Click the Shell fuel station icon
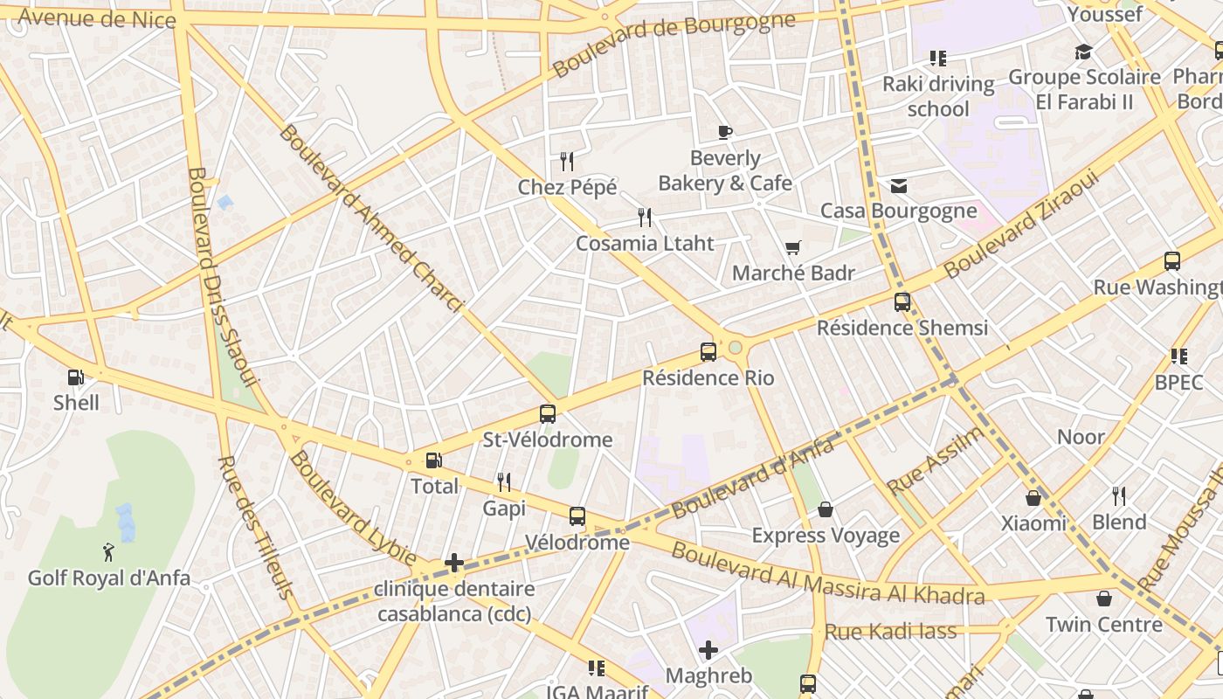(76, 377)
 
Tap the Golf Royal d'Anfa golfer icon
(108, 552)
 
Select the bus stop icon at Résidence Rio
(708, 352)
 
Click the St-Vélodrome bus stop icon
(548, 414)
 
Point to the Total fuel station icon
(433, 460)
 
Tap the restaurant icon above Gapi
(504, 481)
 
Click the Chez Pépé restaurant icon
(567, 162)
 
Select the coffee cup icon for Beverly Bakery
(724, 133)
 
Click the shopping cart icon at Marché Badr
(792, 248)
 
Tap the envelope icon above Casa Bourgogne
(898, 186)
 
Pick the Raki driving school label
(938, 96)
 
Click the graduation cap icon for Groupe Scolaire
(1083, 52)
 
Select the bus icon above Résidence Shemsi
(902, 302)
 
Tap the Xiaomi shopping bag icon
(1033, 498)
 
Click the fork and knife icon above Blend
(1119, 496)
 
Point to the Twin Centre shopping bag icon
(1104, 599)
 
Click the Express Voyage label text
(826, 535)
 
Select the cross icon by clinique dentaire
(454, 563)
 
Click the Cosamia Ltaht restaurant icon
(645, 218)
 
